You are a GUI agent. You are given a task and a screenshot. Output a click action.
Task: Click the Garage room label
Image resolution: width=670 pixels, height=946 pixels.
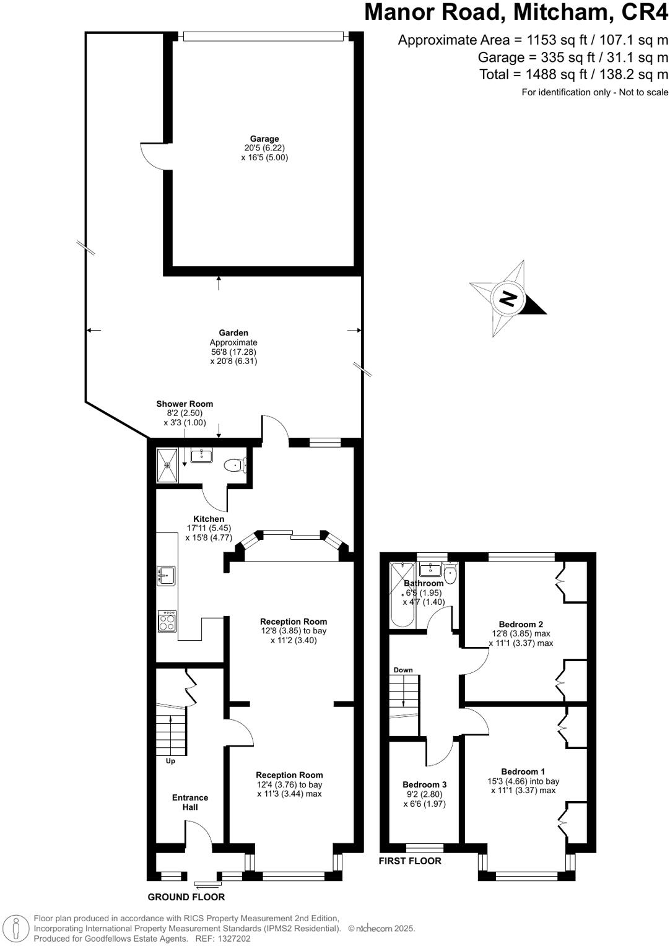(x=264, y=139)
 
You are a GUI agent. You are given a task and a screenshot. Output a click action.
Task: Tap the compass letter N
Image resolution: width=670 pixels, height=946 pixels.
(x=508, y=299)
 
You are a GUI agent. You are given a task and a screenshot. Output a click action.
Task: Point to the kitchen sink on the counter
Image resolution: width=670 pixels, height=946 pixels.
(x=165, y=575)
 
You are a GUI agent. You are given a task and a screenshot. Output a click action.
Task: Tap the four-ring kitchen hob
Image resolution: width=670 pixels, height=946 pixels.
(x=167, y=621)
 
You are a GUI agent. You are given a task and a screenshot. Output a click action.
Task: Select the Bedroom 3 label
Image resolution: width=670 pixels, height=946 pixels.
(x=424, y=784)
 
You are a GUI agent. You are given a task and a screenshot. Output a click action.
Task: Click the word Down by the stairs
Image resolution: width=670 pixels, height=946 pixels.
(x=403, y=670)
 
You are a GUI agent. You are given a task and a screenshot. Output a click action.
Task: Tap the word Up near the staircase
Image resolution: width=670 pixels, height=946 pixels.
(x=170, y=761)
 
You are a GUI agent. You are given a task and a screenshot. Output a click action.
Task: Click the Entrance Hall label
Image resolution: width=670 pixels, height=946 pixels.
(x=190, y=802)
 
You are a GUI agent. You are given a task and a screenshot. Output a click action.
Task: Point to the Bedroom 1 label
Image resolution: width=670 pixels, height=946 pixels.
(x=523, y=771)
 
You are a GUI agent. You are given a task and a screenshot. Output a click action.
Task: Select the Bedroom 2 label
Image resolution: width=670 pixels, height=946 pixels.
(x=521, y=624)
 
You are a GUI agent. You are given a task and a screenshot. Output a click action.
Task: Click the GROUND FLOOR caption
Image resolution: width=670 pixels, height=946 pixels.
(x=186, y=897)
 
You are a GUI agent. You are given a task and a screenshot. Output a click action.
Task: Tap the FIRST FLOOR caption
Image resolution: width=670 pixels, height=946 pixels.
(x=411, y=861)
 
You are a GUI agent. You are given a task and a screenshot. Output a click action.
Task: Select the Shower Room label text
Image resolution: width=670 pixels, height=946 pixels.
(x=185, y=404)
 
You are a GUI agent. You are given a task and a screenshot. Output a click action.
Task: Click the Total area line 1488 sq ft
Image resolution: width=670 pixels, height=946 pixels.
(x=574, y=74)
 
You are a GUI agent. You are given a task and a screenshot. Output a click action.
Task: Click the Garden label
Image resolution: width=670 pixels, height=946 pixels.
(x=233, y=332)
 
